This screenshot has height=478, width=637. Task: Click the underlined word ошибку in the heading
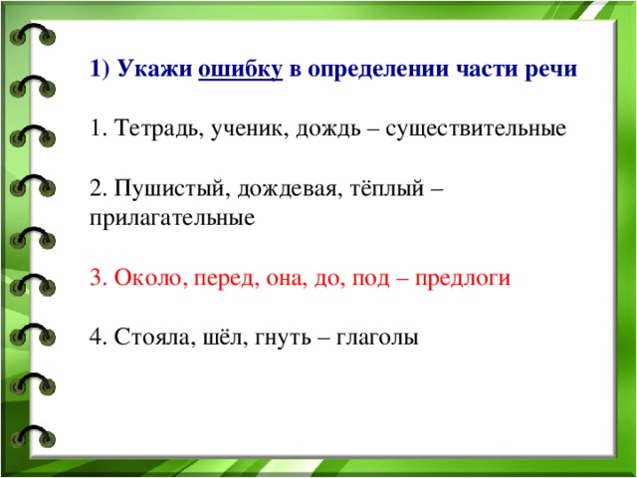[x=240, y=70]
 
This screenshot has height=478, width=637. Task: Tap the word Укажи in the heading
[x=155, y=69]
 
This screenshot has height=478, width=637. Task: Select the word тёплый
[x=387, y=189]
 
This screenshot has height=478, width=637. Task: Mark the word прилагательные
[x=172, y=219]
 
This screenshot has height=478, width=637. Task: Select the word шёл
[x=222, y=338]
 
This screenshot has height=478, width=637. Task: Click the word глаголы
[x=377, y=339]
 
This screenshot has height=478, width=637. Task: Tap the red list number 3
[x=98, y=279]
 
